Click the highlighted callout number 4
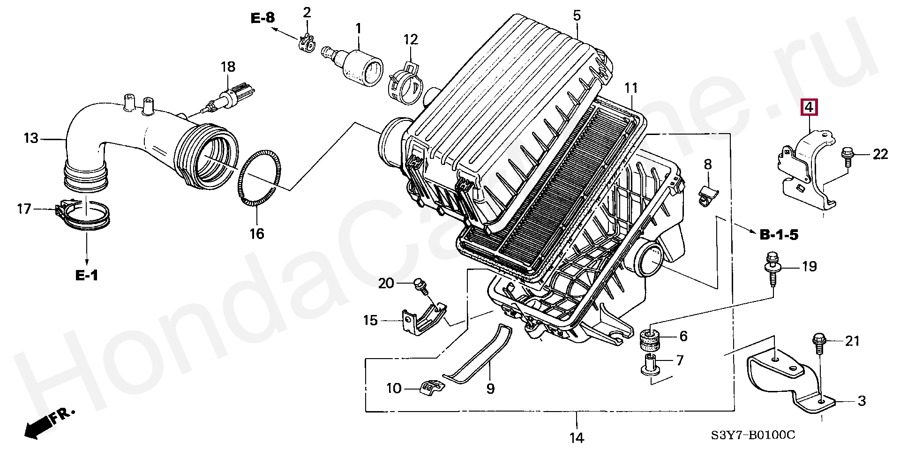[x=809, y=107]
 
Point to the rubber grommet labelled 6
[x=650, y=341]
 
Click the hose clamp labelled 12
[x=406, y=83]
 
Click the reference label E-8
[x=263, y=18]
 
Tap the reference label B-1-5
[x=779, y=234]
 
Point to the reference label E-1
[x=87, y=275]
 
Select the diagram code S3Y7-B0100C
[x=753, y=435]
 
